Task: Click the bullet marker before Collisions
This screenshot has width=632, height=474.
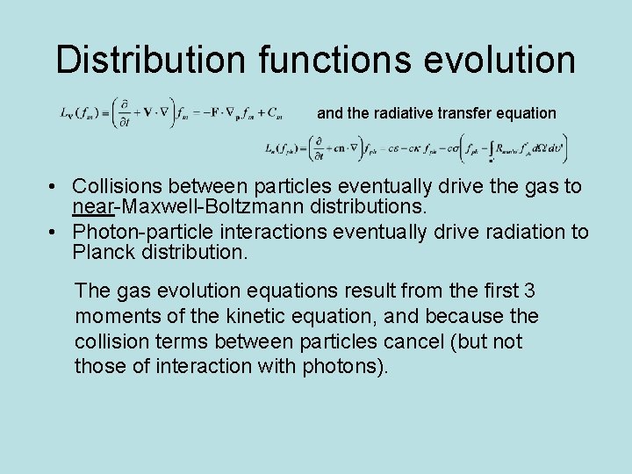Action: pos(54,187)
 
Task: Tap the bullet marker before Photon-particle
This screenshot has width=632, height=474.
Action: pos(54,233)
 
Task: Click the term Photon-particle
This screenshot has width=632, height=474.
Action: pos(140,233)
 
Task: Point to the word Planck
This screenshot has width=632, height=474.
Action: pos(103,254)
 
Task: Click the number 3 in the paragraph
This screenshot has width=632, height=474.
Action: pos(528,291)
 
